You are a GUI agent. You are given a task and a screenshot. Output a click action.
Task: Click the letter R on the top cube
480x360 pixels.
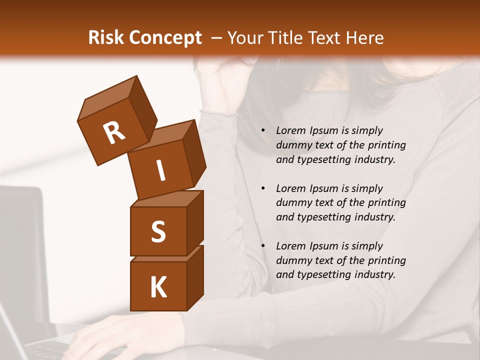click(x=114, y=132)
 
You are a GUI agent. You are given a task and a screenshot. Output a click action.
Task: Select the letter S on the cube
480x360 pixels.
click(x=158, y=231)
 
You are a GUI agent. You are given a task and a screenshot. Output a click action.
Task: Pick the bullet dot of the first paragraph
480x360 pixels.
click(x=263, y=131)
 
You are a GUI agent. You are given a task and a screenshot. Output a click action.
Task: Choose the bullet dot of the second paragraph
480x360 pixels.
click(x=263, y=189)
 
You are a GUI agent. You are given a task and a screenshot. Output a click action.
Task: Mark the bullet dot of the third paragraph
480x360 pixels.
click(x=263, y=246)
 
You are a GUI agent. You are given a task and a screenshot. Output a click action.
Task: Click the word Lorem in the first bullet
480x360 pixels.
click(x=290, y=131)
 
